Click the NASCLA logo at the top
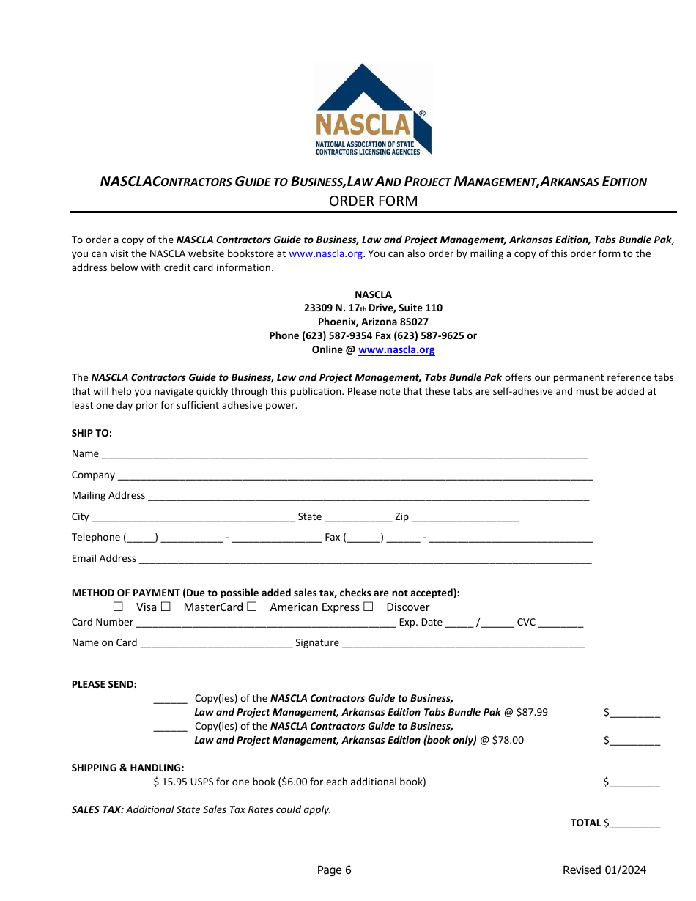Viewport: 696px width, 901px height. (373, 110)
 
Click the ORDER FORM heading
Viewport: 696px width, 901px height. (373, 201)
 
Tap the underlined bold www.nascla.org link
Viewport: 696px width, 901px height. (396, 350)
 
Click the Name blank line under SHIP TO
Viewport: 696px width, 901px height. (344, 455)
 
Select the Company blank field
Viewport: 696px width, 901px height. (355, 476)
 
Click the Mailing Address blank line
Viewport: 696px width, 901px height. (369, 497)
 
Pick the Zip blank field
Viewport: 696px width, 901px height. (465, 518)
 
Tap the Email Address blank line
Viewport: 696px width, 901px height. (365, 560)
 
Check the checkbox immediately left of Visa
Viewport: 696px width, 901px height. (118, 607)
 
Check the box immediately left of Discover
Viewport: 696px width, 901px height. (368, 607)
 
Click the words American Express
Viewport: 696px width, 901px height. (315, 607)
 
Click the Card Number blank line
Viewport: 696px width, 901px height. (266, 623)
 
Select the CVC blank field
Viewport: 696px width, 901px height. (560, 623)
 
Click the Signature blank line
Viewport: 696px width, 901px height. (464, 644)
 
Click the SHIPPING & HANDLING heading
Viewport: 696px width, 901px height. (127, 768)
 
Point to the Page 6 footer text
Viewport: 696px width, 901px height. (334, 870)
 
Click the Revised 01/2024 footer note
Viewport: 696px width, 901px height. (604, 870)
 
